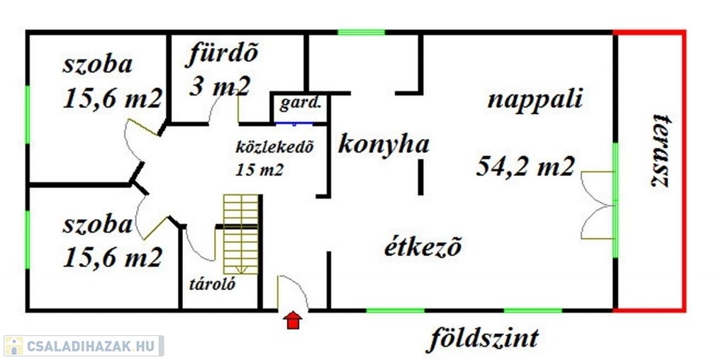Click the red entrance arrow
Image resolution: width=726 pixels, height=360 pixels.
(293, 320)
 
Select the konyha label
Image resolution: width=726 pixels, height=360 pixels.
(384, 145)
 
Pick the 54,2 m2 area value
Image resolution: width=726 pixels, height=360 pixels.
(526, 166)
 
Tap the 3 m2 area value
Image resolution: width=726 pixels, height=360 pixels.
(220, 86)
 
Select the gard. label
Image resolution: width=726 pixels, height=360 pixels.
(300, 105)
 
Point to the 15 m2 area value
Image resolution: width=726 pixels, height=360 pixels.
(259, 170)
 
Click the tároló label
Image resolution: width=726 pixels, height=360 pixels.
(212, 283)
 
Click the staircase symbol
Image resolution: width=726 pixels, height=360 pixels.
(240, 234)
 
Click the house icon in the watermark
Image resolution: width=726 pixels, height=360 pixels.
(13, 346)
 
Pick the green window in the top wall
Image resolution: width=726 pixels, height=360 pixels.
(361, 33)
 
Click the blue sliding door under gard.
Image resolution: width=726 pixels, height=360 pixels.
(294, 123)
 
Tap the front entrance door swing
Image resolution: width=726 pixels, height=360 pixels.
(293, 292)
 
